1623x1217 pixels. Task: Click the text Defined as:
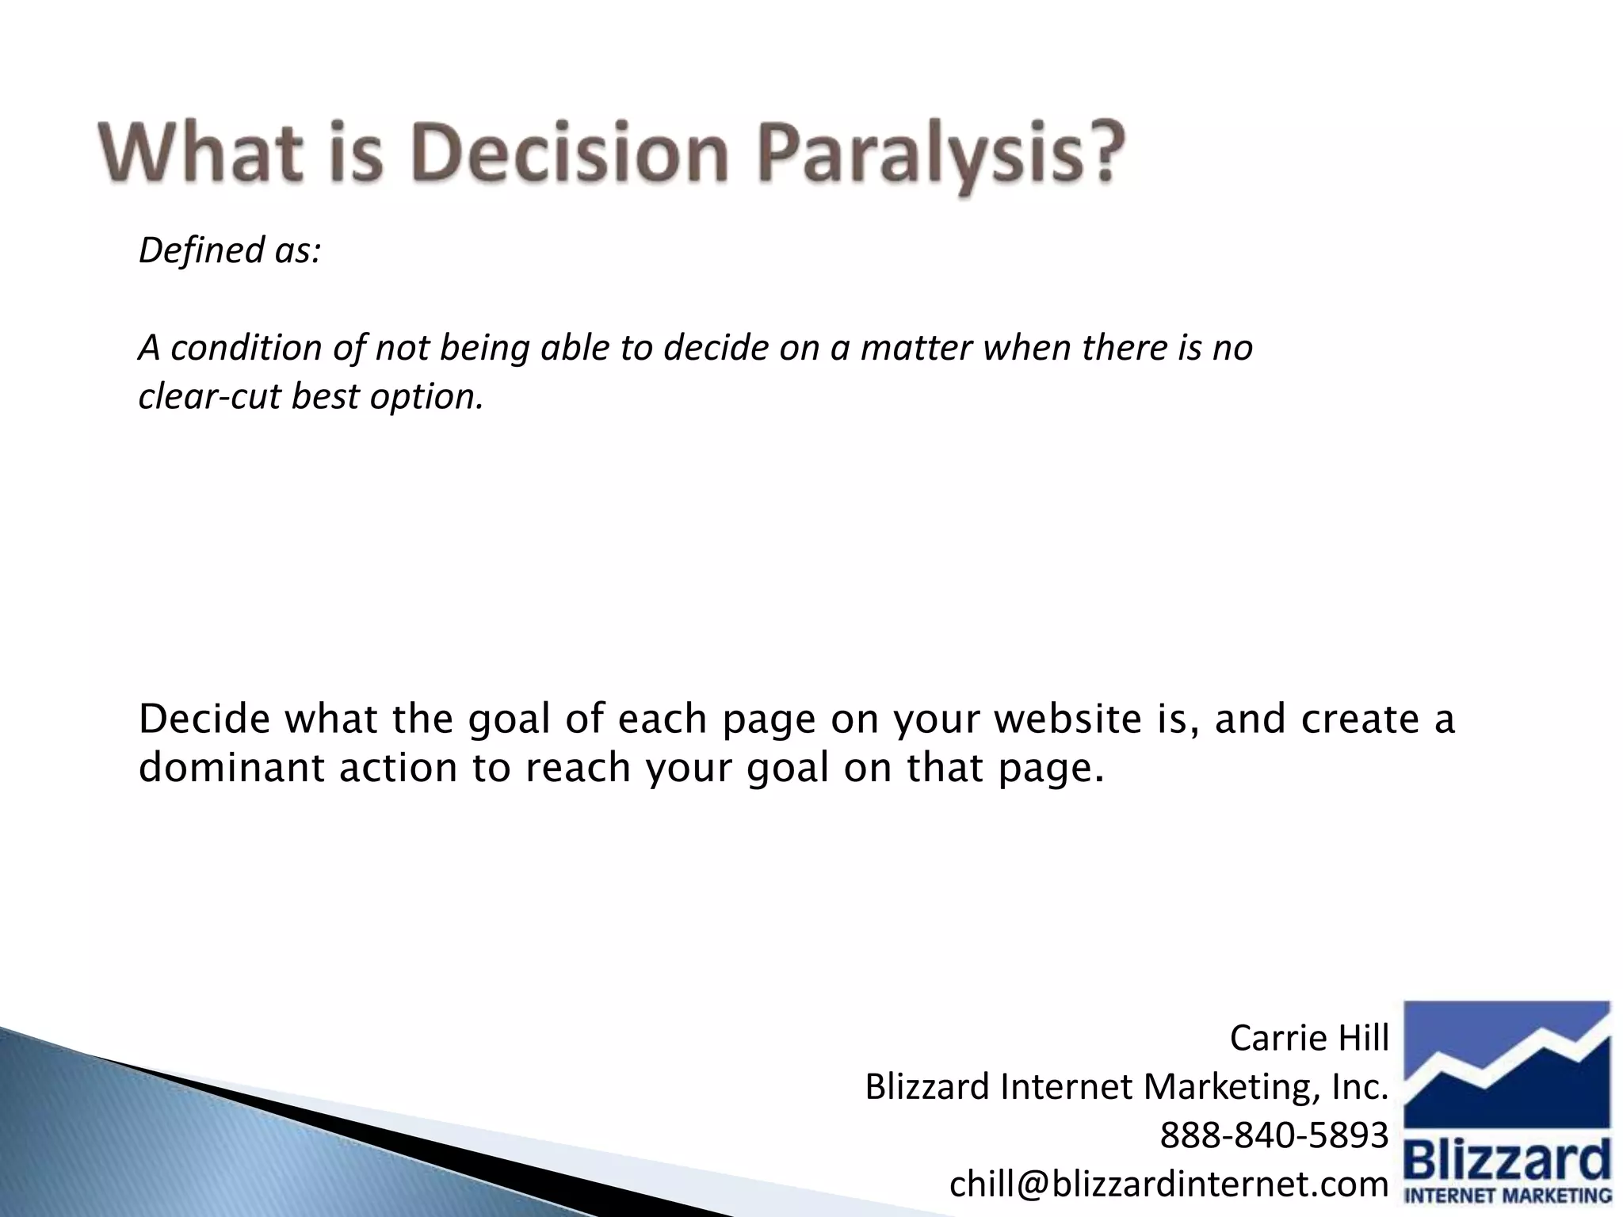(x=230, y=250)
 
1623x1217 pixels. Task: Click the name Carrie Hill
(x=1309, y=1038)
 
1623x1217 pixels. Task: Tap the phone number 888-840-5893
(x=1274, y=1135)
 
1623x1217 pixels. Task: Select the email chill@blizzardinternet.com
(x=1169, y=1184)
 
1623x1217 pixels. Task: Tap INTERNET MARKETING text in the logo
(x=1507, y=1196)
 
